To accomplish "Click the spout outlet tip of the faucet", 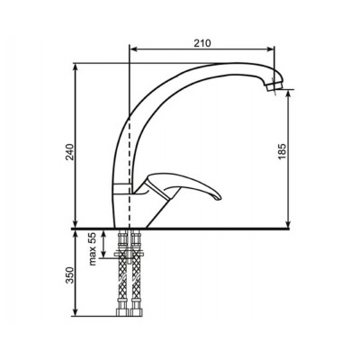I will [x=275, y=90].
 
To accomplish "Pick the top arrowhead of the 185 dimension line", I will [x=287, y=94].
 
